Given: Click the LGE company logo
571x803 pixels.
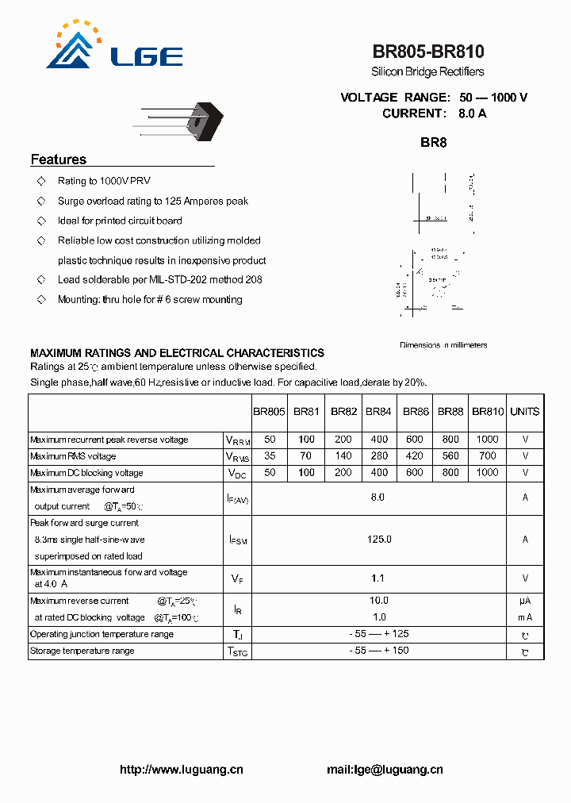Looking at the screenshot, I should tap(114, 48).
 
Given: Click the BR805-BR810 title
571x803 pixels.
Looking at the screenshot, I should tap(428, 52).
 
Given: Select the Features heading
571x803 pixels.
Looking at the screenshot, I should tap(59, 159).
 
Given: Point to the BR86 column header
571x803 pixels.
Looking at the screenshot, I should tap(416, 412).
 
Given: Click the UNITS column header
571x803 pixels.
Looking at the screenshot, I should tap(525, 412).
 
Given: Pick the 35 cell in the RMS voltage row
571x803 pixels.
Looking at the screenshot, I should tap(270, 456).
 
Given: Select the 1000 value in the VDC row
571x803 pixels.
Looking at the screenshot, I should tap(488, 473).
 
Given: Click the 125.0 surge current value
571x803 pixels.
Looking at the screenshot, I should tap(379, 540).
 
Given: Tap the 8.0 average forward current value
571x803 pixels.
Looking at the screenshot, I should tap(377, 498).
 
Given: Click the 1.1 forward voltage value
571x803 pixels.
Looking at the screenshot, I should tap(379, 579).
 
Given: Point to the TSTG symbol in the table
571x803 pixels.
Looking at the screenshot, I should tap(238, 651).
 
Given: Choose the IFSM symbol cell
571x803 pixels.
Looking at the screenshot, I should tap(238, 540).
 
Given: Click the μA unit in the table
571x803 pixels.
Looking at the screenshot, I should tap(525, 601).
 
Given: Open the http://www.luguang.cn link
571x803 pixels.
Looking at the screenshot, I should tap(181, 770).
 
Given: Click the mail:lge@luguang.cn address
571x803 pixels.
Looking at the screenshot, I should tap(385, 770).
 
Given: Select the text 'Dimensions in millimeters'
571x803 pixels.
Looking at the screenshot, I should tap(443, 345).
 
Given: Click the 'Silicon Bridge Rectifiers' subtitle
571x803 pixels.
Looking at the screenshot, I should tap(427, 72).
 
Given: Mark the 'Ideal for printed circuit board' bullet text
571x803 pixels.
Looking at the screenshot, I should tap(120, 221).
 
